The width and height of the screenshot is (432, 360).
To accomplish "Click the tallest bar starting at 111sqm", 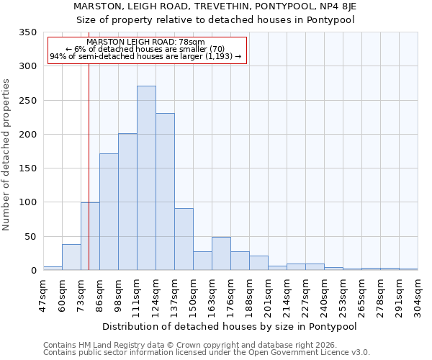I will pyautogui.click(x=146, y=178).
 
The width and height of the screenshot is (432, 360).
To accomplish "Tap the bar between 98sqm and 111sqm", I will pyautogui.click(x=127, y=202).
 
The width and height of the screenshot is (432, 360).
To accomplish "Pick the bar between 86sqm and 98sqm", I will pyautogui.click(x=109, y=212).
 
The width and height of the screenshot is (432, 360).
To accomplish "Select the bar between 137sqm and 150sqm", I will pyautogui.click(x=184, y=239).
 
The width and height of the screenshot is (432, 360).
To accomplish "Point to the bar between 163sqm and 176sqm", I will pyautogui.click(x=221, y=253).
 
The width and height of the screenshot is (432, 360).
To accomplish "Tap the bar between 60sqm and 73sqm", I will pyautogui.click(x=71, y=257).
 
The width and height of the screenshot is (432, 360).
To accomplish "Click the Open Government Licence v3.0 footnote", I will pyautogui.click(x=207, y=353).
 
